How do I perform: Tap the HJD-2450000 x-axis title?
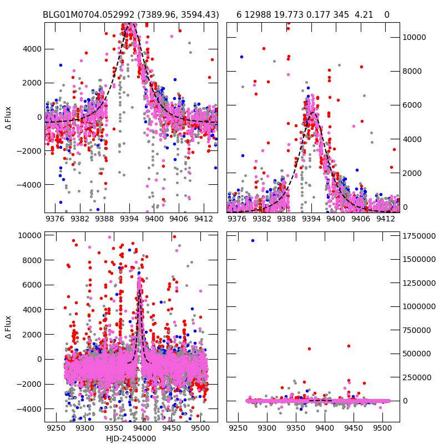pyautogui.click(x=130, y=438)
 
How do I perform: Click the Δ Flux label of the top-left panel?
pyautogui.click(x=8, y=117)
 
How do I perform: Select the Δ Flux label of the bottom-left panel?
pyautogui.click(x=8, y=327)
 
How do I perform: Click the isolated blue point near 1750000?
pyautogui.click(x=253, y=240)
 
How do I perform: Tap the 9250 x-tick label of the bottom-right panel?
pyautogui.click(x=239, y=429)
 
